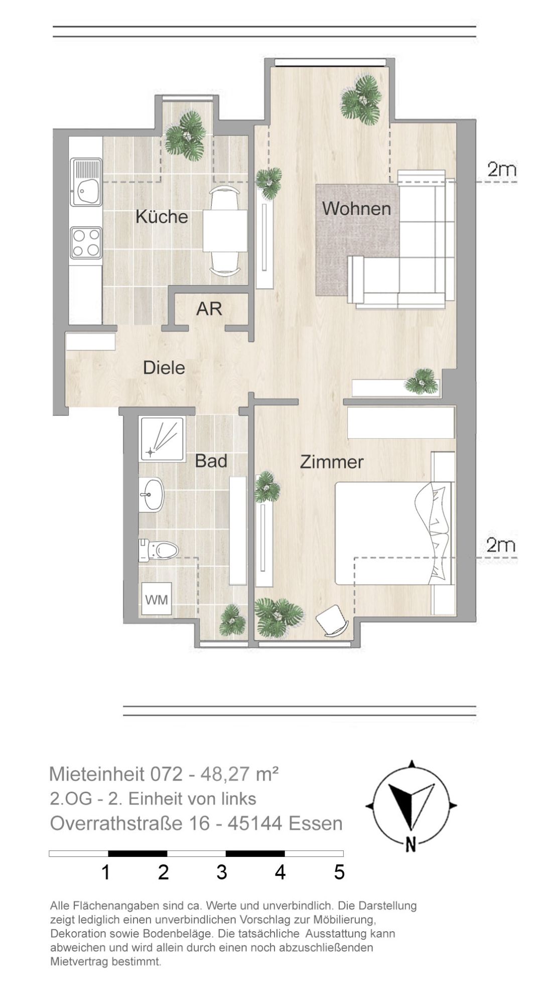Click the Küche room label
coord(162,217)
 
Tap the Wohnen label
coord(356,208)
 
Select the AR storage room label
coord(209,309)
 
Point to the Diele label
coord(164,367)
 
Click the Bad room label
coord(211,461)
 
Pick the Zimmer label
coord(332,462)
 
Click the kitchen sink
coord(86,182)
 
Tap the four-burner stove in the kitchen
coord(86,242)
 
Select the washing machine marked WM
coord(157,598)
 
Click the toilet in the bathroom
coord(159,550)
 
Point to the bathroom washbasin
coord(152,494)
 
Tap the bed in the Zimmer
coord(394,533)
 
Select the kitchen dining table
coord(225,231)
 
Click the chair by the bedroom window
coord(332,621)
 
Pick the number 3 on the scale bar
coord(222,872)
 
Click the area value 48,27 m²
coord(239,774)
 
